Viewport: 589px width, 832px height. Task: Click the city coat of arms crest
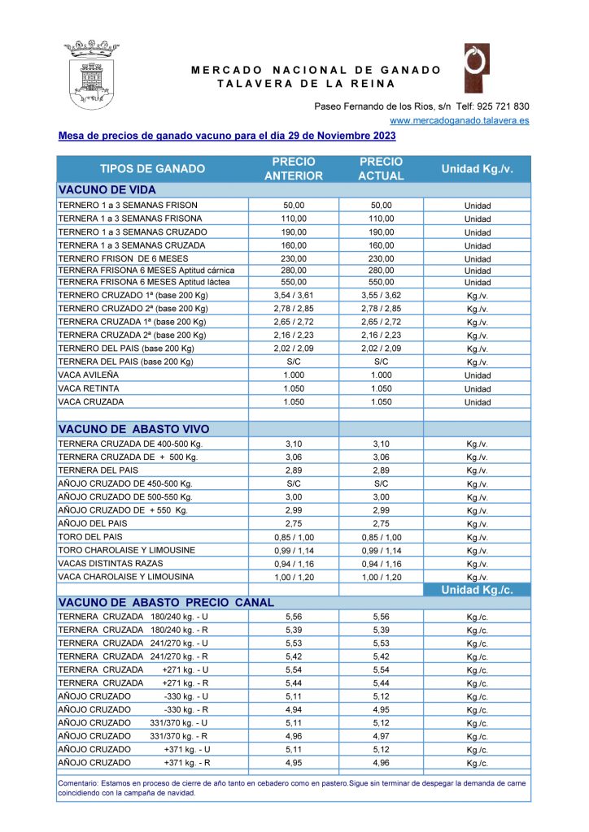[91, 75]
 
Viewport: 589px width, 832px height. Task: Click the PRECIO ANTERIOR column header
[294, 169]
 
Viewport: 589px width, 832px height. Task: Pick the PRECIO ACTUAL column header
[381, 169]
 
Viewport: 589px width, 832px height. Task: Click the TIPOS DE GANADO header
[152, 169]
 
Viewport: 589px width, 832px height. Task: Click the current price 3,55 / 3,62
[381, 296]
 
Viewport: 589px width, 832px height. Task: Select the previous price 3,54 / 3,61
[294, 296]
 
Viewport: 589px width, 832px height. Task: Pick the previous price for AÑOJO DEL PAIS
[294, 523]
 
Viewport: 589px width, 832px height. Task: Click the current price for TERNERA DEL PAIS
[381, 470]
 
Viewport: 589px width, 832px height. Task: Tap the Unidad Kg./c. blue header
[477, 590]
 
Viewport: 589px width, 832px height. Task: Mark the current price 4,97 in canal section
[381, 736]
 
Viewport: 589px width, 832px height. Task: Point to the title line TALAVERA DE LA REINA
[306, 84]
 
